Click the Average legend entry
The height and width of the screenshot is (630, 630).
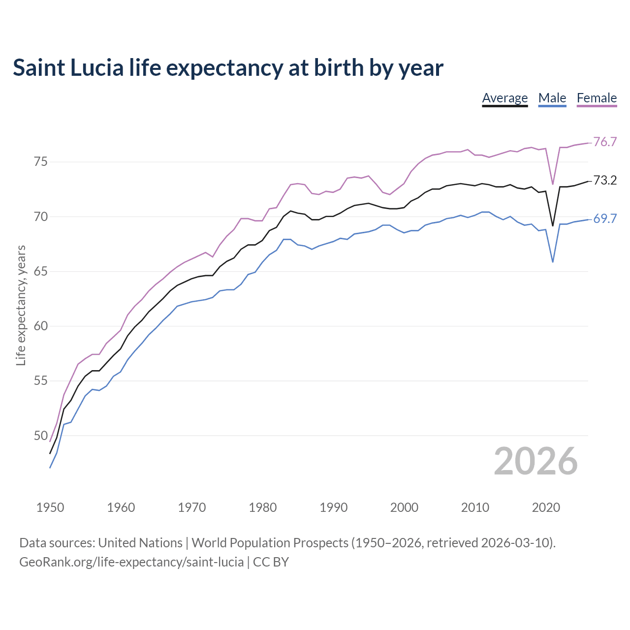[x=504, y=98]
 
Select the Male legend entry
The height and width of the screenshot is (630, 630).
[x=552, y=98]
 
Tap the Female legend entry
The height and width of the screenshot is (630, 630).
[x=597, y=98]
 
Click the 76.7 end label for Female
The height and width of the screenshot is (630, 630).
[x=605, y=142]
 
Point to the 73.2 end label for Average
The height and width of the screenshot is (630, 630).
[x=605, y=181]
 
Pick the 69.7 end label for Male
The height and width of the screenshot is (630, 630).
[x=605, y=219]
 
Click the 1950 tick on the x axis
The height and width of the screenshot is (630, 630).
[x=50, y=507]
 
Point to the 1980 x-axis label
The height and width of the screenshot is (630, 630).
[x=263, y=507]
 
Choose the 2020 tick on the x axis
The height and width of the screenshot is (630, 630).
[x=546, y=507]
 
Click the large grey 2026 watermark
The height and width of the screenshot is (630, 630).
[x=535, y=461]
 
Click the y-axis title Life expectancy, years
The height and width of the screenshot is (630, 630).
[x=21, y=305]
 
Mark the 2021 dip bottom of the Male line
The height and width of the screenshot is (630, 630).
[x=553, y=262]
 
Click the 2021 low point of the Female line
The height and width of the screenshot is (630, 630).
[x=553, y=184]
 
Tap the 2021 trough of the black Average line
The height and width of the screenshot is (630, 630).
[x=553, y=225]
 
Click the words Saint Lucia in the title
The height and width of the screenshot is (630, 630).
[x=68, y=68]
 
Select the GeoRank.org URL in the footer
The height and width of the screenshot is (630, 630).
[x=131, y=562]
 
